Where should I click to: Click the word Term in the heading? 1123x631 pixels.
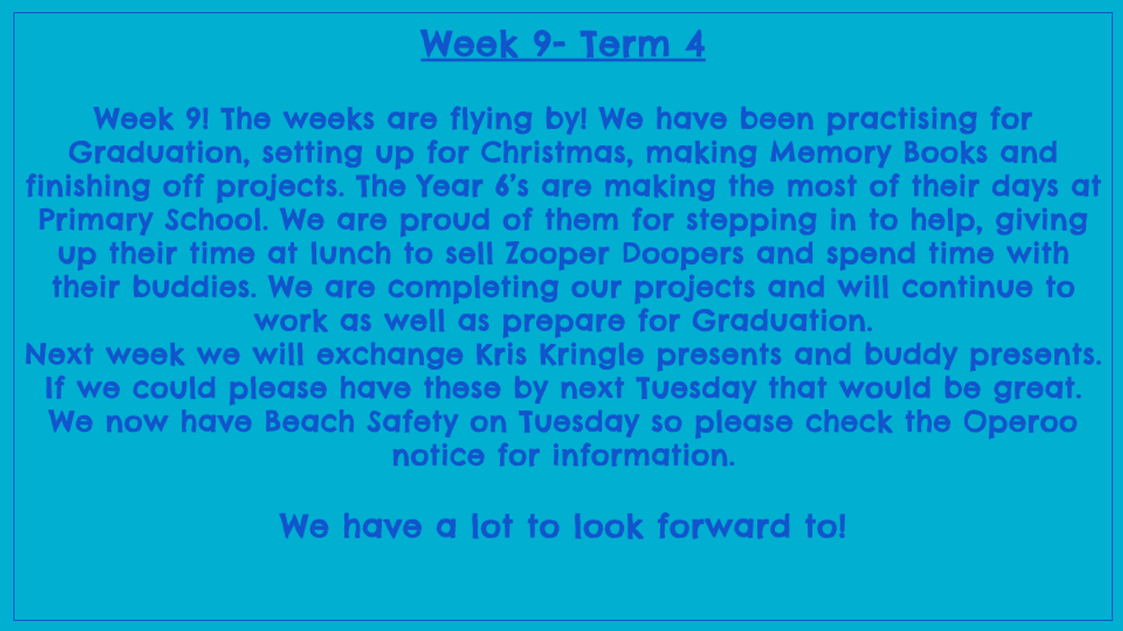coord(625,44)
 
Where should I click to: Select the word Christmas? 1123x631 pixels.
coord(554,151)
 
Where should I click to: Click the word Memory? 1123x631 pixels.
coord(831,152)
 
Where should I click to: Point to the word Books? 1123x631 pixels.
coord(945,151)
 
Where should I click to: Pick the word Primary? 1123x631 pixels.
coord(95,221)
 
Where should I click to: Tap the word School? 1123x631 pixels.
coord(216,220)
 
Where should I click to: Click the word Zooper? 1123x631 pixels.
coord(557,254)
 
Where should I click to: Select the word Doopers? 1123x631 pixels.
coord(683,254)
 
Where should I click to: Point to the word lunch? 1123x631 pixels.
coord(351,253)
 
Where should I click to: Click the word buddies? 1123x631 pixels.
coord(195,287)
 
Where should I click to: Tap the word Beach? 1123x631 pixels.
coord(310,422)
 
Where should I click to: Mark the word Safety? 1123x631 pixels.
coord(413,423)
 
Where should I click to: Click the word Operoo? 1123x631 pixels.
coord(1020,423)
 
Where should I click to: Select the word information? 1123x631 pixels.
coord(644,455)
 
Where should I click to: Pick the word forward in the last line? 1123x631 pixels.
coord(723,525)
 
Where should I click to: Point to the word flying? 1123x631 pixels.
coord(491,120)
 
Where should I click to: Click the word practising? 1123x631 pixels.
coord(901,120)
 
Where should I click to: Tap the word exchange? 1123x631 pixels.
coord(390,355)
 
